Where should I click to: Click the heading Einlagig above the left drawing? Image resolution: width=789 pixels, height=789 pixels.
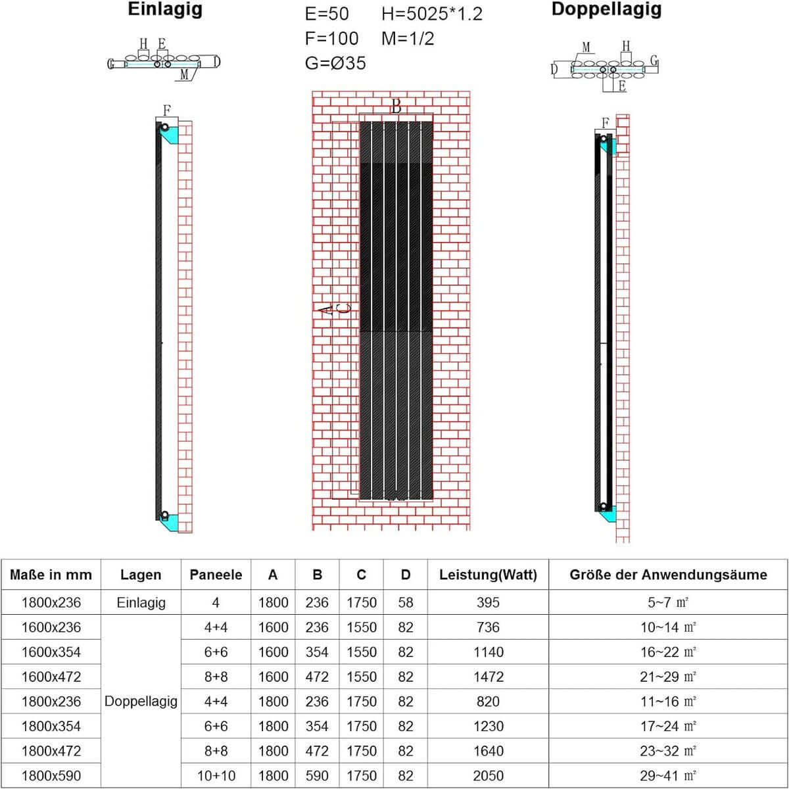166,10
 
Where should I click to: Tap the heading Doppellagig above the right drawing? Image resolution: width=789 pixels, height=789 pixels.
606,10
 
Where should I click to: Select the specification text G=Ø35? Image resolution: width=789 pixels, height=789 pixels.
335,63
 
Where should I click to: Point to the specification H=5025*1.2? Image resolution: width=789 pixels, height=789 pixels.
432,14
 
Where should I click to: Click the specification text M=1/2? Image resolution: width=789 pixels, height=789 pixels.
408,38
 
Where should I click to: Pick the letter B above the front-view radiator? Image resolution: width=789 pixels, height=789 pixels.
396,107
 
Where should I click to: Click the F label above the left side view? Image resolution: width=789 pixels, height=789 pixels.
167,110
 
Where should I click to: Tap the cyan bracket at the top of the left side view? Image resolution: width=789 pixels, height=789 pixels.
170,133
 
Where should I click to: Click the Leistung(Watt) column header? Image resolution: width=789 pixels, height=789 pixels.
488,575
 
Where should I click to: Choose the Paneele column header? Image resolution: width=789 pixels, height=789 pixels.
216,575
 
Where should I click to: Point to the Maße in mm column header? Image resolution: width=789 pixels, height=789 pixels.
51,575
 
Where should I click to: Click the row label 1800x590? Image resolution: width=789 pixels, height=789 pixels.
51,776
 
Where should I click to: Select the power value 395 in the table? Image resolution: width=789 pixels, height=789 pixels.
488,602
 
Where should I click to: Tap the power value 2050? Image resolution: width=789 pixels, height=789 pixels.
488,776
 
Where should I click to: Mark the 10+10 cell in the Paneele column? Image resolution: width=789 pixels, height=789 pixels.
216,776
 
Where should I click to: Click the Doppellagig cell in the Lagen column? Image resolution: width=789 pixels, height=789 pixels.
141,702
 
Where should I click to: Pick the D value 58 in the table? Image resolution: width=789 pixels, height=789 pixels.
406,602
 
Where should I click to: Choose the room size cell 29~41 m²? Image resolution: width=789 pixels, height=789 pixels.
668,776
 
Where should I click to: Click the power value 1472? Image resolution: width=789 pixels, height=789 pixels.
488,677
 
